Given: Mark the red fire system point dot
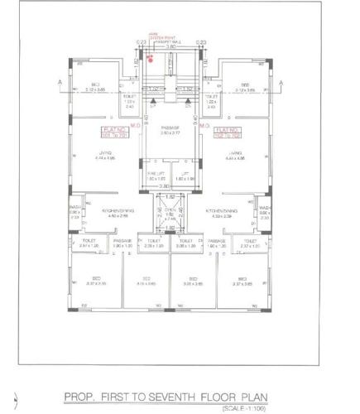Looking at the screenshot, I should (150, 57).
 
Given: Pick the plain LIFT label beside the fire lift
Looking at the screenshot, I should (186, 172).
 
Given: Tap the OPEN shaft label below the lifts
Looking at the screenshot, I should (170, 211).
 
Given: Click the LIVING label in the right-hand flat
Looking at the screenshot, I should (236, 155).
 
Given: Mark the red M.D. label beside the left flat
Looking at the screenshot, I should (133, 126).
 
